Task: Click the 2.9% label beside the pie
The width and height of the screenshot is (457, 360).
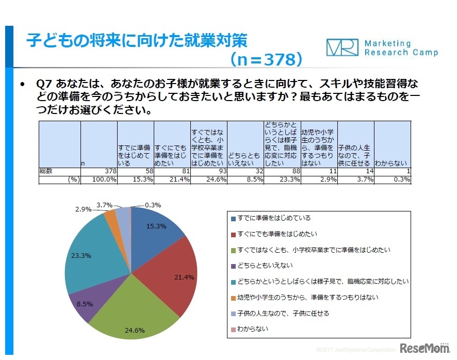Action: (x=84, y=209)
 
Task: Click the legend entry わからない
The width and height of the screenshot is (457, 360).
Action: (x=253, y=329)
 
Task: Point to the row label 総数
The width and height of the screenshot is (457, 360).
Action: (x=46, y=170)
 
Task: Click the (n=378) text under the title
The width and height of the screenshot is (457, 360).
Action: (x=266, y=60)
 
